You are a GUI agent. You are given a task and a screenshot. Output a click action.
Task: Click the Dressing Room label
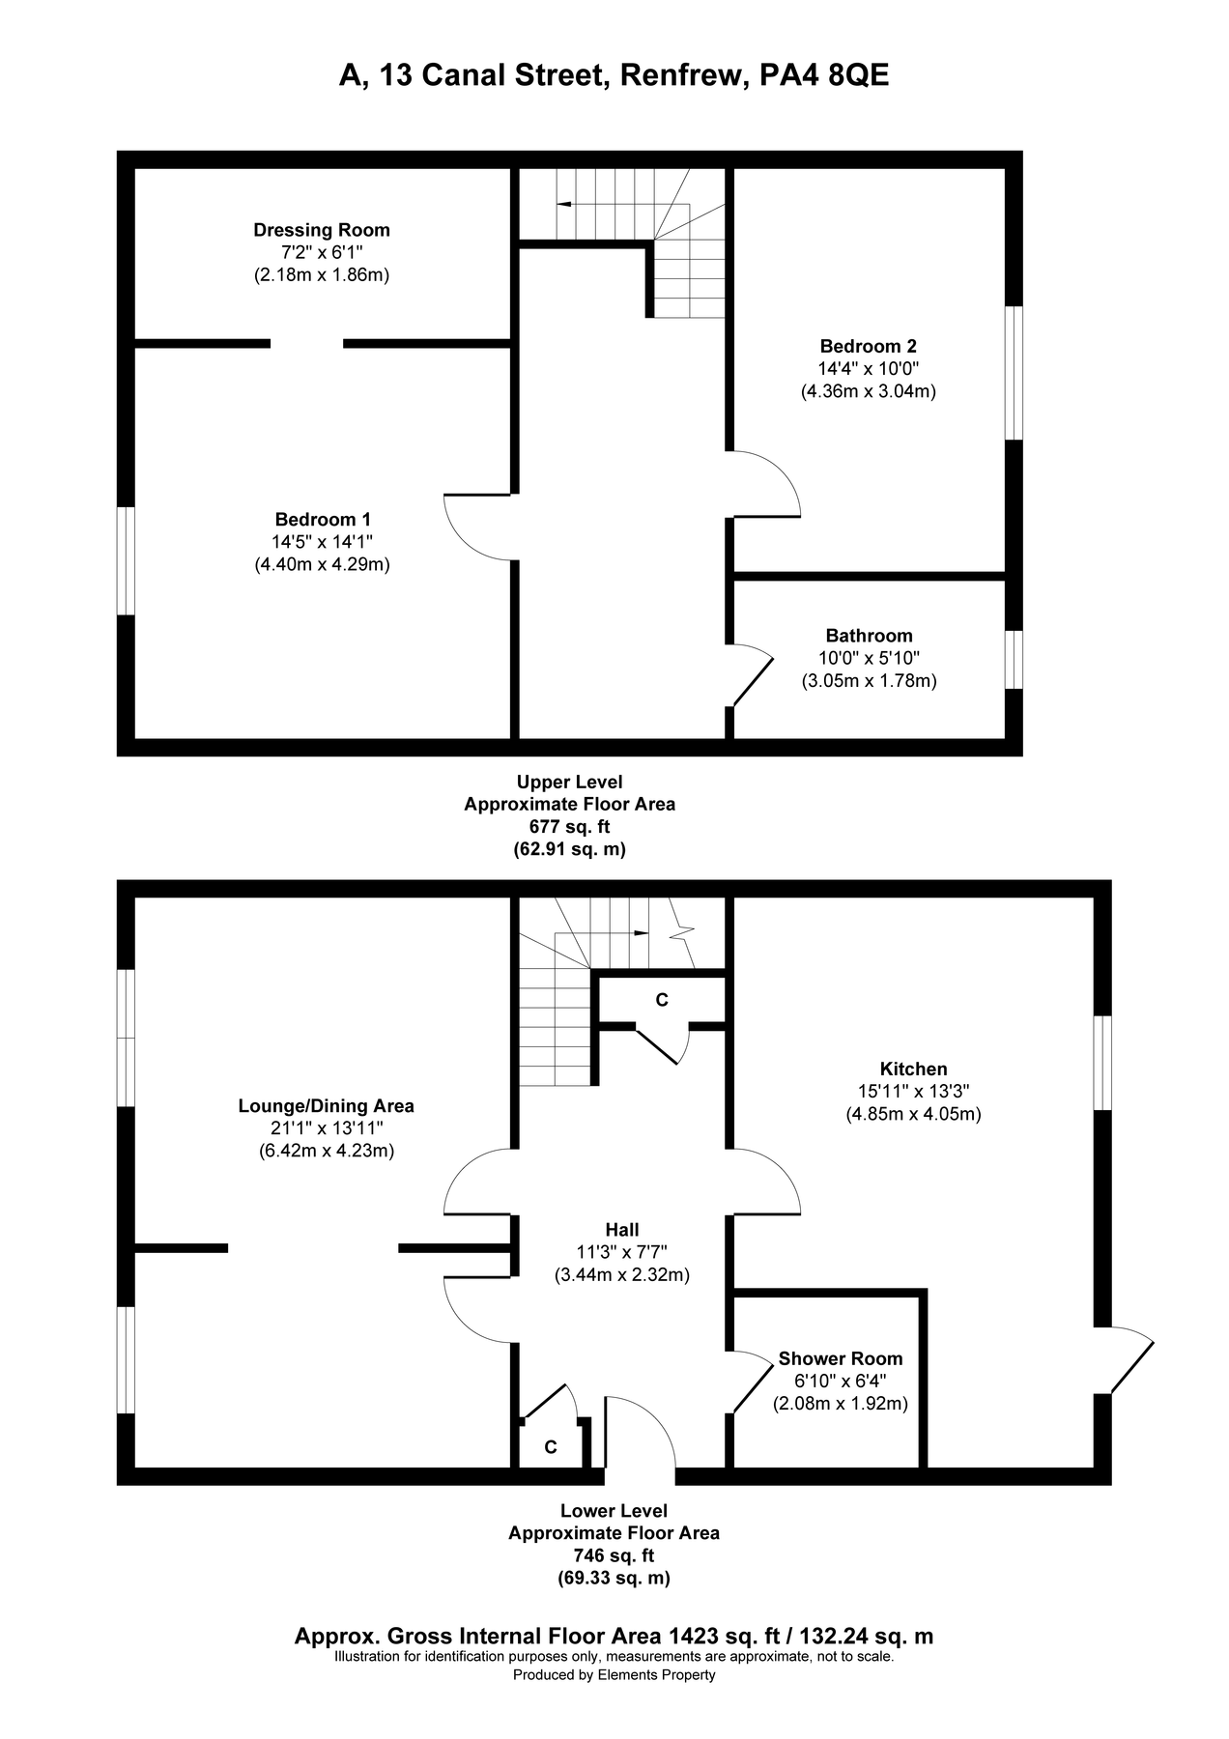322,230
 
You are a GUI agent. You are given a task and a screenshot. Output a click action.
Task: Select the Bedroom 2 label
869,346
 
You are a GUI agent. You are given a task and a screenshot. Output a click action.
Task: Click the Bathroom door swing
754,674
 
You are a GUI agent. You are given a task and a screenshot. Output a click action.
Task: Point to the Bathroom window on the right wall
1014,660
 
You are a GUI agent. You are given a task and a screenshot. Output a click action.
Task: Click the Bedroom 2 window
1014,373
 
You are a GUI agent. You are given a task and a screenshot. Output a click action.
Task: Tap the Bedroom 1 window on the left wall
126,560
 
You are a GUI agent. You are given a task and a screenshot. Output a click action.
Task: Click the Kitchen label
913,1069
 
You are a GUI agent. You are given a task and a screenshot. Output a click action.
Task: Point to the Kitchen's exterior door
1130,1360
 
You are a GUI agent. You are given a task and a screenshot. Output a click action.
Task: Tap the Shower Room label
841,1358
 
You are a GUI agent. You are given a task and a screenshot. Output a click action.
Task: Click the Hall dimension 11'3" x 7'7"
622,1252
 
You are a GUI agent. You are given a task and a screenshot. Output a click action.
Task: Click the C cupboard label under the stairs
662,1000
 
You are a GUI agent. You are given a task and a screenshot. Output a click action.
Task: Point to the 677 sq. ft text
570,826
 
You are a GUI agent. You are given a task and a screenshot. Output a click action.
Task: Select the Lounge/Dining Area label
327,1106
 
